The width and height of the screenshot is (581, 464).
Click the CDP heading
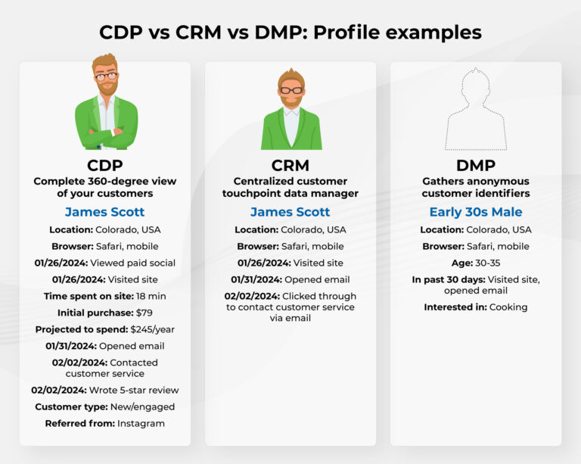point(105,165)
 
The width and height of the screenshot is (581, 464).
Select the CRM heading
point(290,165)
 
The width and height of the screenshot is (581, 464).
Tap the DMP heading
point(476,165)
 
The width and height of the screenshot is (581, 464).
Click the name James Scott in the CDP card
point(104,212)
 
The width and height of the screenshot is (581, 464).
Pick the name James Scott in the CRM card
point(290,212)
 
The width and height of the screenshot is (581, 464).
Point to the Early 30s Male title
point(476,212)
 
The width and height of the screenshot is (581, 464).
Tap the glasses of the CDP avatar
point(106,76)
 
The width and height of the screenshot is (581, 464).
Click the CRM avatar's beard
point(290,99)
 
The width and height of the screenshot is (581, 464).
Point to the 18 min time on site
point(151,295)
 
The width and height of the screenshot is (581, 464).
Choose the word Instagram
point(141,423)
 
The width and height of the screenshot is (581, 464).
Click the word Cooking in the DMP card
point(508,307)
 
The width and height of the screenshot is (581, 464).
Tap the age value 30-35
point(487,263)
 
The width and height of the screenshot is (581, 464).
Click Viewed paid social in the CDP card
point(132,263)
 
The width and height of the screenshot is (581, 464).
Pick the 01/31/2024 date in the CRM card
point(258,279)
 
